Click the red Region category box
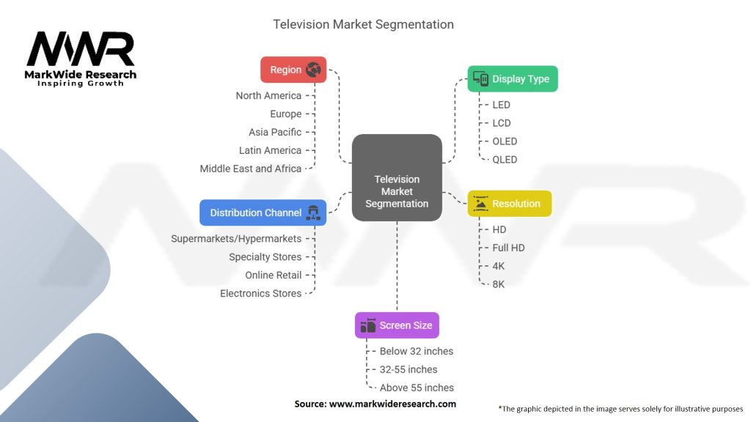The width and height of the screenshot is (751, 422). pos(293,70)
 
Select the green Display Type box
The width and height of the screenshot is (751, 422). pos(513,79)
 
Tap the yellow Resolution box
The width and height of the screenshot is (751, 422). pos(510,204)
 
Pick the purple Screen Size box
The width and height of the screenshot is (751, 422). pos(397,325)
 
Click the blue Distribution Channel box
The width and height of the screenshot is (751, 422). pos(263,212)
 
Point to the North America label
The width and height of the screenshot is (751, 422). pos(268,96)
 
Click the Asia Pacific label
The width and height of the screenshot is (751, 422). pos(275,132)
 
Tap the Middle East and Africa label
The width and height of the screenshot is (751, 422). pos(251,169)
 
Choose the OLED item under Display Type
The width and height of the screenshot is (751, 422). pos(505,141)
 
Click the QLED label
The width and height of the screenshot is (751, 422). pos(505,160)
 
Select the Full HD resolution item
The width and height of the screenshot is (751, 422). pos(508,248)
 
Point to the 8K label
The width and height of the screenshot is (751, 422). pos(499,284)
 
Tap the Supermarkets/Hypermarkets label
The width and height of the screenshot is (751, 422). pos(236,239)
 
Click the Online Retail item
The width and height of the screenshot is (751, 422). pos(274,275)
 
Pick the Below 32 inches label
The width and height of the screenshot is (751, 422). pos(417,352)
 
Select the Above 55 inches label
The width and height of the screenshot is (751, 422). pos(417,388)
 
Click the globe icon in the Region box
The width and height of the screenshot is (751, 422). pos(314,70)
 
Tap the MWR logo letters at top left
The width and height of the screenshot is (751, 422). pos(81,50)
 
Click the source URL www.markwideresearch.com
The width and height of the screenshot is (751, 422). pos(392,404)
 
